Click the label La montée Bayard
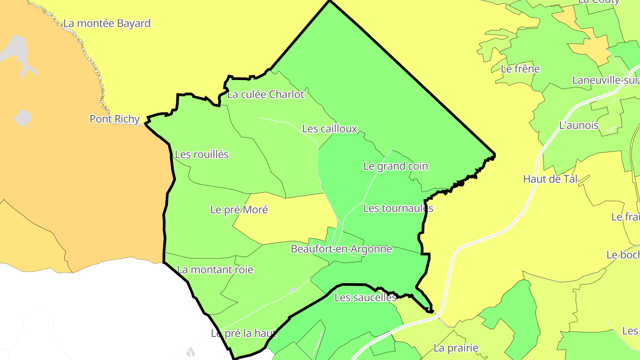pos(107,23)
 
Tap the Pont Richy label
pos(115,119)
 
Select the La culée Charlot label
pos(266,94)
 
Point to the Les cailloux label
pos(330,129)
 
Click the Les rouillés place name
pos(202,154)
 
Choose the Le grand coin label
pos(396,166)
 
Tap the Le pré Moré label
pos(239,209)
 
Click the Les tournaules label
pos(398,208)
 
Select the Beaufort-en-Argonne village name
pos(341,249)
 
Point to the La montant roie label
pos(215,269)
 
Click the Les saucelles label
pos(365,298)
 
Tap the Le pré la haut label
pos(244,333)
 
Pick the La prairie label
pos(456,348)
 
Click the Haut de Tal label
pos(550,179)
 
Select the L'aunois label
pos(579,125)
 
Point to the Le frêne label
pos(520,69)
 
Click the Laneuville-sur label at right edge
pos(606,80)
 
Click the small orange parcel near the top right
pos(589,44)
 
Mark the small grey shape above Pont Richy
pos(22,118)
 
